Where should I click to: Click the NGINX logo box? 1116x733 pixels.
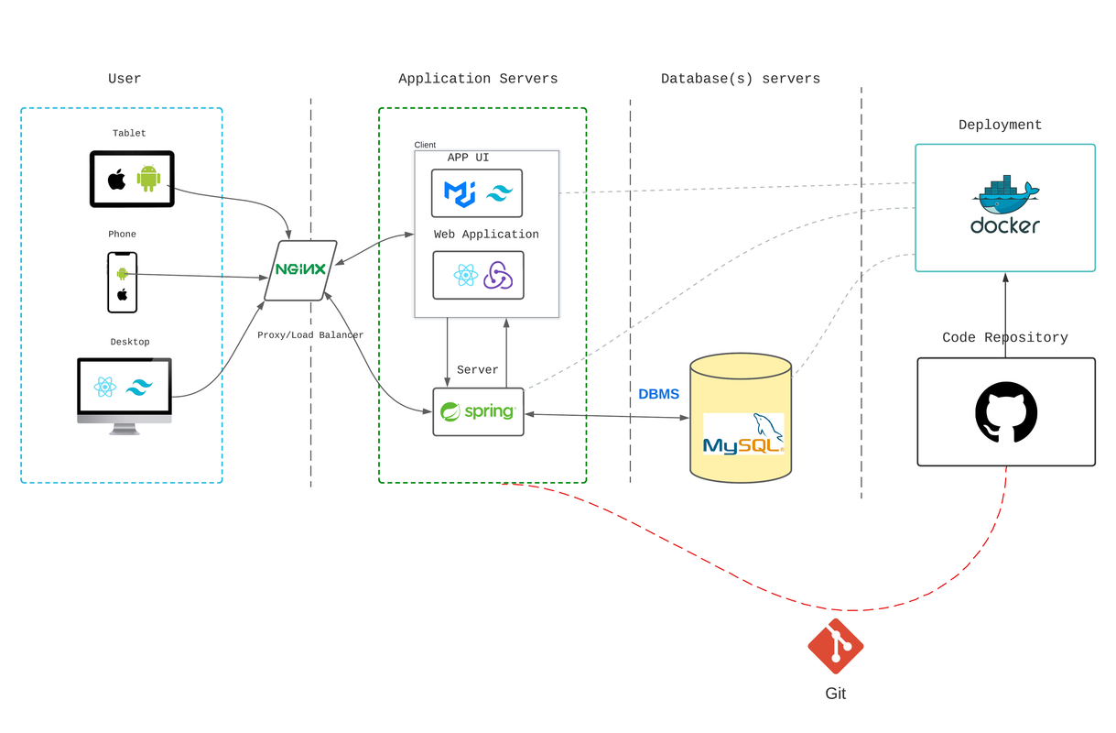301,270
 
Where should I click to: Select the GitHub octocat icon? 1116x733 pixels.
1006,413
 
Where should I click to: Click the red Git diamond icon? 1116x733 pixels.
835,646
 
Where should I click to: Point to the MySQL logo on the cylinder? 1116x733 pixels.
743,435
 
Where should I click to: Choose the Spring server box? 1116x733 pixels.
478,411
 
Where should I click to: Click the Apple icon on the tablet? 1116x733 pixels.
116,179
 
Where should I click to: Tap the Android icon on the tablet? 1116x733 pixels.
148,178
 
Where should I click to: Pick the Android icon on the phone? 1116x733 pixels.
122,273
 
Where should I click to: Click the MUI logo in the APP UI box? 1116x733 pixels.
459,193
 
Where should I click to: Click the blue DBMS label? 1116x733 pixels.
659,394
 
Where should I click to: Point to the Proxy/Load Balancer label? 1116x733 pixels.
310,335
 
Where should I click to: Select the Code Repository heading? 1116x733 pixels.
1005,337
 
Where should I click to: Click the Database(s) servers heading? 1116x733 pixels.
741,79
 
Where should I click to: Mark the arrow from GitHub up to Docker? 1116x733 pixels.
1005,314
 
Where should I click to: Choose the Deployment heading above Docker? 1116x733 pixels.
1000,125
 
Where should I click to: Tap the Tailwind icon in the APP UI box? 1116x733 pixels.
500,193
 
